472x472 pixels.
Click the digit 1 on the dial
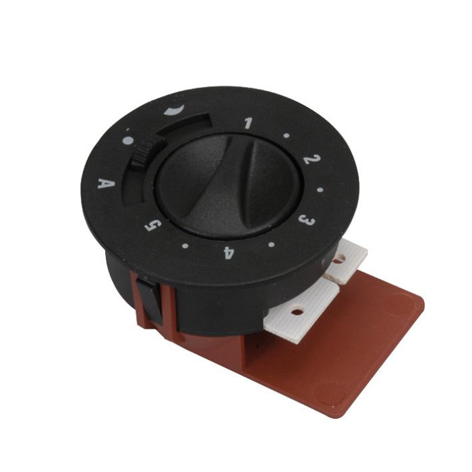pos(248,123)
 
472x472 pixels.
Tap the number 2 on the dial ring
pos(312,159)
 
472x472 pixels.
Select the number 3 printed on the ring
pos(307,220)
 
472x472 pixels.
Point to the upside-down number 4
pos(229,253)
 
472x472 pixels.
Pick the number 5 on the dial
pos(153,225)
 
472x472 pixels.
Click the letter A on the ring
pos(107,183)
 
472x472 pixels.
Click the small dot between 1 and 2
pos(287,136)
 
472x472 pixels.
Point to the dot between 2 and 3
pos(320,190)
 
